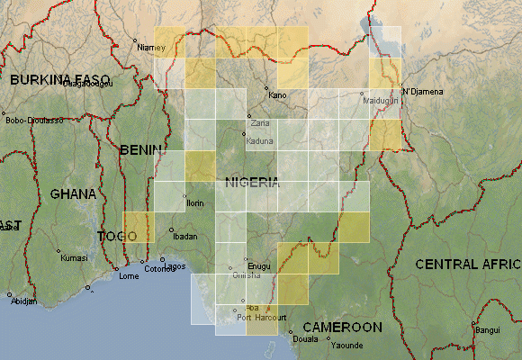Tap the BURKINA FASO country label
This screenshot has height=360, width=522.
pyautogui.click(x=59, y=79)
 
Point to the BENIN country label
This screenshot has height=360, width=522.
pyautogui.click(x=141, y=149)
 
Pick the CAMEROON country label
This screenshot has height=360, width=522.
pyautogui.click(x=341, y=327)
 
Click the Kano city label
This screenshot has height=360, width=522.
pyautogui.click(x=276, y=94)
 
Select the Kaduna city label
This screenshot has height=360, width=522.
pyautogui.click(x=258, y=141)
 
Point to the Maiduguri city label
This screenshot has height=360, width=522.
pyautogui.click(x=380, y=101)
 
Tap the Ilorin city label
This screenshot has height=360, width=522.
pyautogui.click(x=195, y=203)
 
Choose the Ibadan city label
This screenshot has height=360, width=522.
pyautogui.click(x=184, y=236)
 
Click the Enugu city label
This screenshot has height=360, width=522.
pyautogui.click(x=258, y=267)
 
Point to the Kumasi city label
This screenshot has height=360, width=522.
pyautogui.click(x=74, y=257)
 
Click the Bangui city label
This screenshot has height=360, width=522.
pyautogui.click(x=488, y=330)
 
